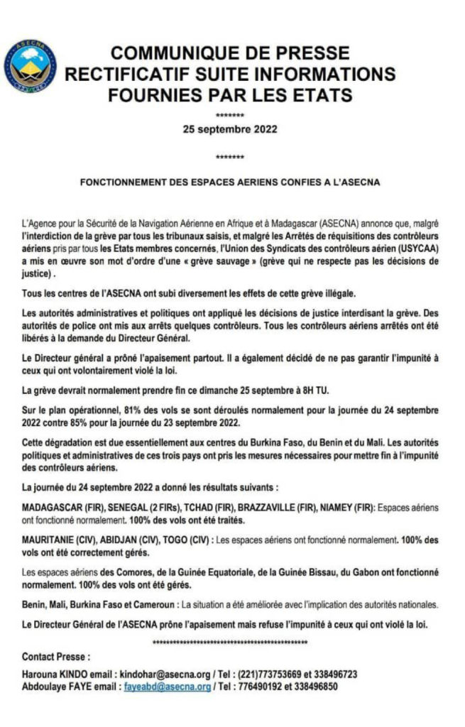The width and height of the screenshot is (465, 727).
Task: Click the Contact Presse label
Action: [x=56, y=657]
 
